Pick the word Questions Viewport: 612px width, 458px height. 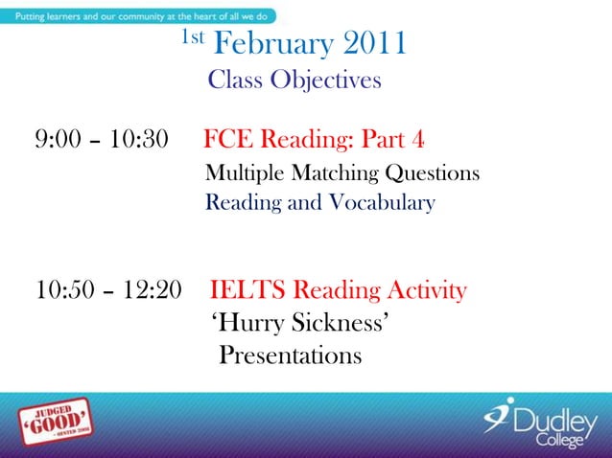pos(432,174)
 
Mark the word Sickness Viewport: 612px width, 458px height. pos(341,324)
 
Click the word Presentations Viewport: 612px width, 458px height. pos(291,355)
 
